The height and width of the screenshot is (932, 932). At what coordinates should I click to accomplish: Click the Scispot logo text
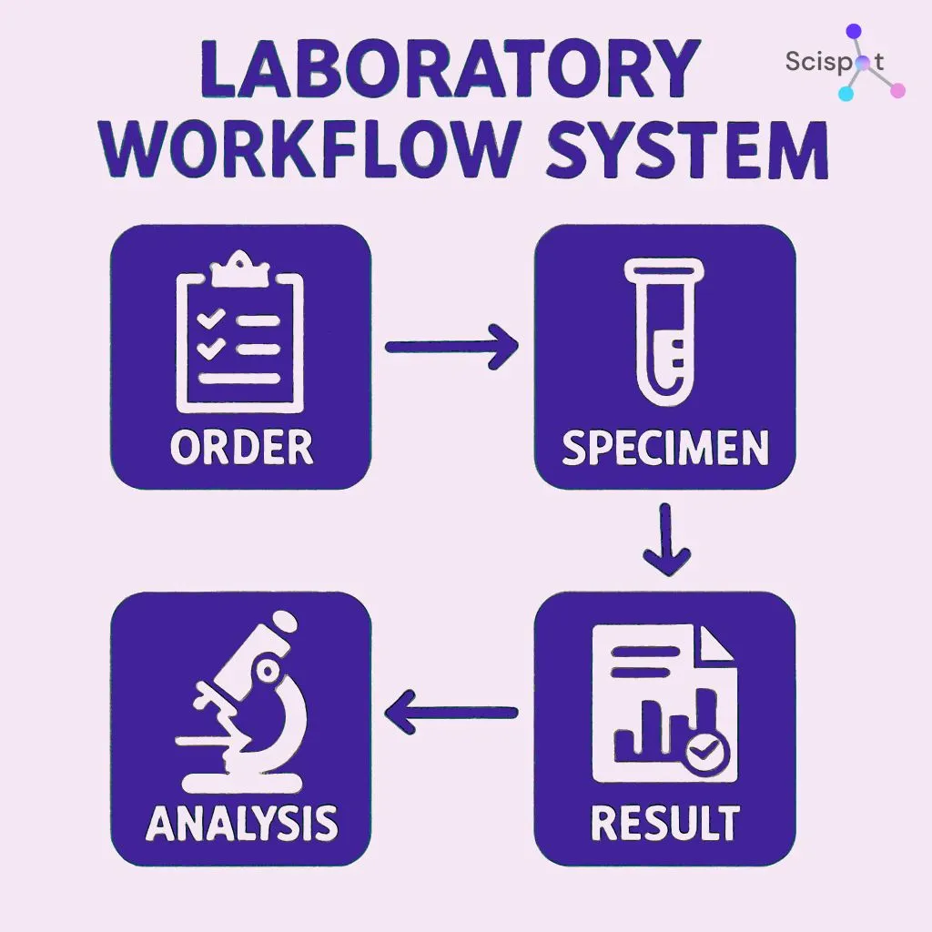tap(833, 63)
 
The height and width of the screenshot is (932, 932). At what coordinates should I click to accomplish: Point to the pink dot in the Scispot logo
tap(897, 89)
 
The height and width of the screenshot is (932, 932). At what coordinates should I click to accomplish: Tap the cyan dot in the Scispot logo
tap(846, 93)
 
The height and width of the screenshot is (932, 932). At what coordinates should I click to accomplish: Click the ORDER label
tap(241, 447)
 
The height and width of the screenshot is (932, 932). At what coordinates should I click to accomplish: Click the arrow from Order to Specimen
tap(452, 346)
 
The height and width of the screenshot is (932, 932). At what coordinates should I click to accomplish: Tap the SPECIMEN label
tap(664, 448)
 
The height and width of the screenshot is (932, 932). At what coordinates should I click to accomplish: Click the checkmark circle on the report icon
tap(704, 752)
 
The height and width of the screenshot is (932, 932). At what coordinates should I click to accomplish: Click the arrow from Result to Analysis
tap(451, 713)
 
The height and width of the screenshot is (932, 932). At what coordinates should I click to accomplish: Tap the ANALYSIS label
tap(241, 823)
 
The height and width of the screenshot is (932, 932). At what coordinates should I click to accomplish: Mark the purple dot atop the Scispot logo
tap(854, 31)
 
